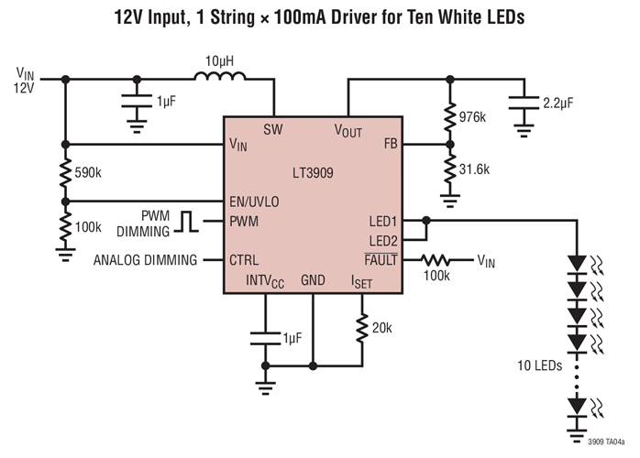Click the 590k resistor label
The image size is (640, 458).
point(90,172)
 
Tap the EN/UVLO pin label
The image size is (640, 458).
point(255,202)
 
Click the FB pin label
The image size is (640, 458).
point(390,145)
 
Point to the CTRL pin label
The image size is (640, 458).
point(243,259)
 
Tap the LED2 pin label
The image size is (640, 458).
point(381,240)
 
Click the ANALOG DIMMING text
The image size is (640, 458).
point(145,260)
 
